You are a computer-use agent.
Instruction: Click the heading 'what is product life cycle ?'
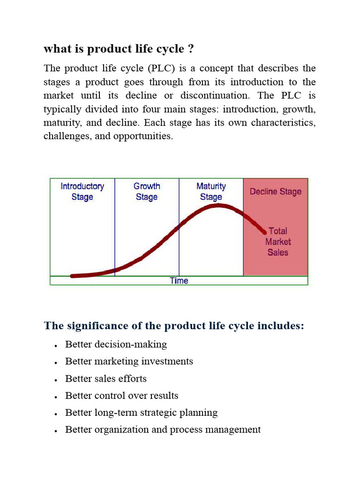pos(119,49)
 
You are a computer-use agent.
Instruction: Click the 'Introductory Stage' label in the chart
pos(82,191)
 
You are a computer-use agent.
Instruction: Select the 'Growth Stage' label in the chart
pos(147,191)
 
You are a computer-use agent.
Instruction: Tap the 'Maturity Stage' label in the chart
pos(211,191)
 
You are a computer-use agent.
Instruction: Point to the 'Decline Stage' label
pos(276,191)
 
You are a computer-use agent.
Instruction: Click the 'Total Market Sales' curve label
pos(278,241)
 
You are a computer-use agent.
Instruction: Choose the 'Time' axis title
pos(179,281)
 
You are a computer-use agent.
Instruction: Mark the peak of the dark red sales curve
pos(218,205)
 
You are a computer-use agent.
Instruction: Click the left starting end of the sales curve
pos(72,276)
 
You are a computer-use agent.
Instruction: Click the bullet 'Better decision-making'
pos(116,345)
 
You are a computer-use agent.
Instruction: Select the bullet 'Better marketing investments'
pos(129,361)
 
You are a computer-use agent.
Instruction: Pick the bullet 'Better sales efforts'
pos(106,378)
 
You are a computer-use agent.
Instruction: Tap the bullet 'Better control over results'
pos(122,396)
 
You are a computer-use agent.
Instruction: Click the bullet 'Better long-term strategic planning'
pos(142,412)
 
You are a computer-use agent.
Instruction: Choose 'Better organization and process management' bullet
pos(163,429)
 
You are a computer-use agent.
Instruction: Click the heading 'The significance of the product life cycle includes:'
pos(174,325)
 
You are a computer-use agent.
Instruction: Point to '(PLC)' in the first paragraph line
pos(161,68)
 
